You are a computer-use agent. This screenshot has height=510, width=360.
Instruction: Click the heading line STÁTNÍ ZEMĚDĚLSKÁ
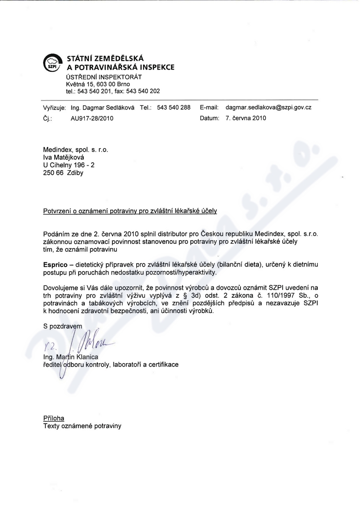105,58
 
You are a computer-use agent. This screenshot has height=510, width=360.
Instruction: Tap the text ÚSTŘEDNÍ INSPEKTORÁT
104,76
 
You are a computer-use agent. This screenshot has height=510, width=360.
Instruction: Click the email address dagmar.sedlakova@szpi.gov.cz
268,107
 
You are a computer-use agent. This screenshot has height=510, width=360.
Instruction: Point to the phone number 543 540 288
174,107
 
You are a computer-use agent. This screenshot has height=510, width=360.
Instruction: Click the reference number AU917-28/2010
92,118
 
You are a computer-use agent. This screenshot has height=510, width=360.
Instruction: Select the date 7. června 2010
246,118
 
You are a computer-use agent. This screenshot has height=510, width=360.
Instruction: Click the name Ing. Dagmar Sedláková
102,107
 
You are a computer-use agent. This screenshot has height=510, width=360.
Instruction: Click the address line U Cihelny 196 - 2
69,165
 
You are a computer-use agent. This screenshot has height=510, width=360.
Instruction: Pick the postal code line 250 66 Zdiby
63,172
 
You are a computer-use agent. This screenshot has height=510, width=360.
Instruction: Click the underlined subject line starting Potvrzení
130,210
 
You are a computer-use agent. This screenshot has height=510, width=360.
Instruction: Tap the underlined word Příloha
54,418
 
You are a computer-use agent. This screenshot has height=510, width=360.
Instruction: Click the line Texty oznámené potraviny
82,425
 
